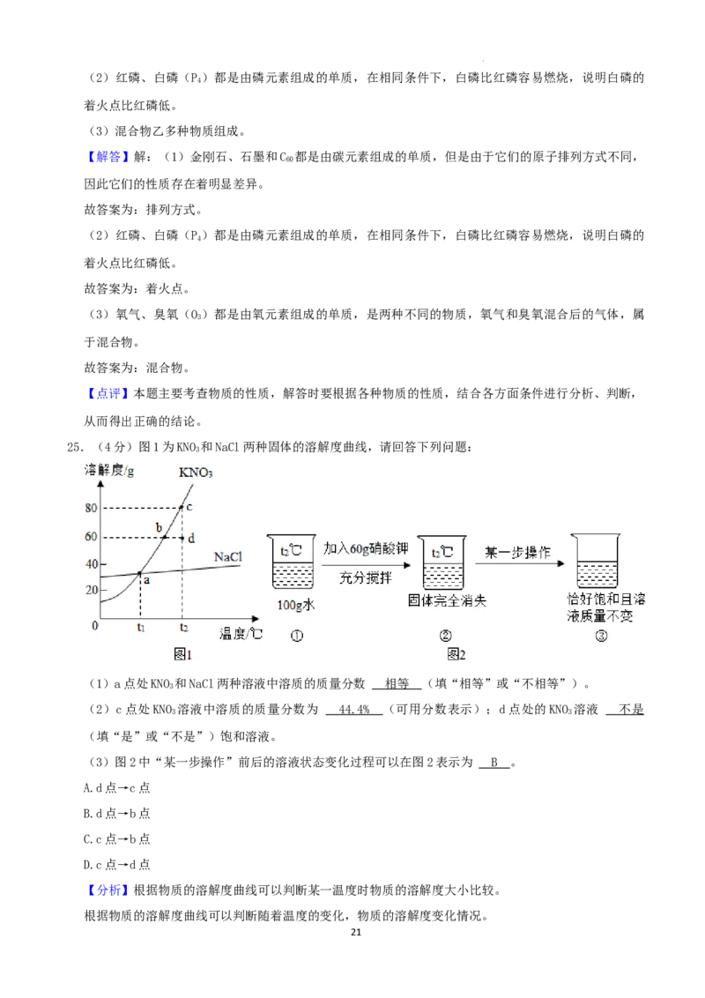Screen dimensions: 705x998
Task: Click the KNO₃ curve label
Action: [197, 473]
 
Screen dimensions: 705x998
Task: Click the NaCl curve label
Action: [227, 557]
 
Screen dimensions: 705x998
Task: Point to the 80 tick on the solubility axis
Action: [91, 508]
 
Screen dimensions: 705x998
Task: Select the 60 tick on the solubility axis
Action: [91, 537]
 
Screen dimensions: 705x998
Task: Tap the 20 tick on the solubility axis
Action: [91, 590]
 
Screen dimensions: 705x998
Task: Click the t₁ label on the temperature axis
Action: [140, 629]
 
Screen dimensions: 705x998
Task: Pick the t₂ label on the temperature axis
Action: [183, 629]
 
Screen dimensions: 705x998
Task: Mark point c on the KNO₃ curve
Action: [182, 507]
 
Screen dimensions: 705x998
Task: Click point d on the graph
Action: [182, 537]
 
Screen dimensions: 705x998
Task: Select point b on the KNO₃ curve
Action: [165, 537]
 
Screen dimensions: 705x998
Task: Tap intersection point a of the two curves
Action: [140, 574]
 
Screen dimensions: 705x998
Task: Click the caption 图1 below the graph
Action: [182, 654]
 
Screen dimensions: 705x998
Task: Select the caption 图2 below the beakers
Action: [456, 654]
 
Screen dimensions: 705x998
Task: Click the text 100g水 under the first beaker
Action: [295, 606]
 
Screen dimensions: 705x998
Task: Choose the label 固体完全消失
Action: [447, 600]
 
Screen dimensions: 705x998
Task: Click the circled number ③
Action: [601, 637]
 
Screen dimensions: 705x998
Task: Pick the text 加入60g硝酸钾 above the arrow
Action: [365, 548]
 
